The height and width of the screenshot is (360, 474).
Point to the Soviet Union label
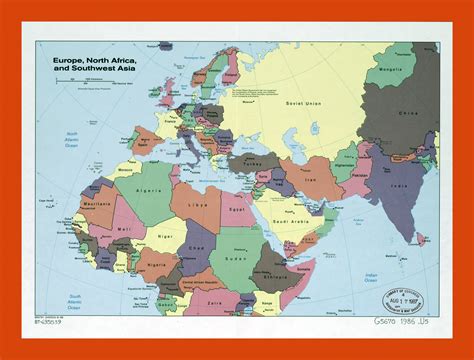coord(301,102)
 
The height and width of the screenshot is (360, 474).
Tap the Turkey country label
coord(270,163)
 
